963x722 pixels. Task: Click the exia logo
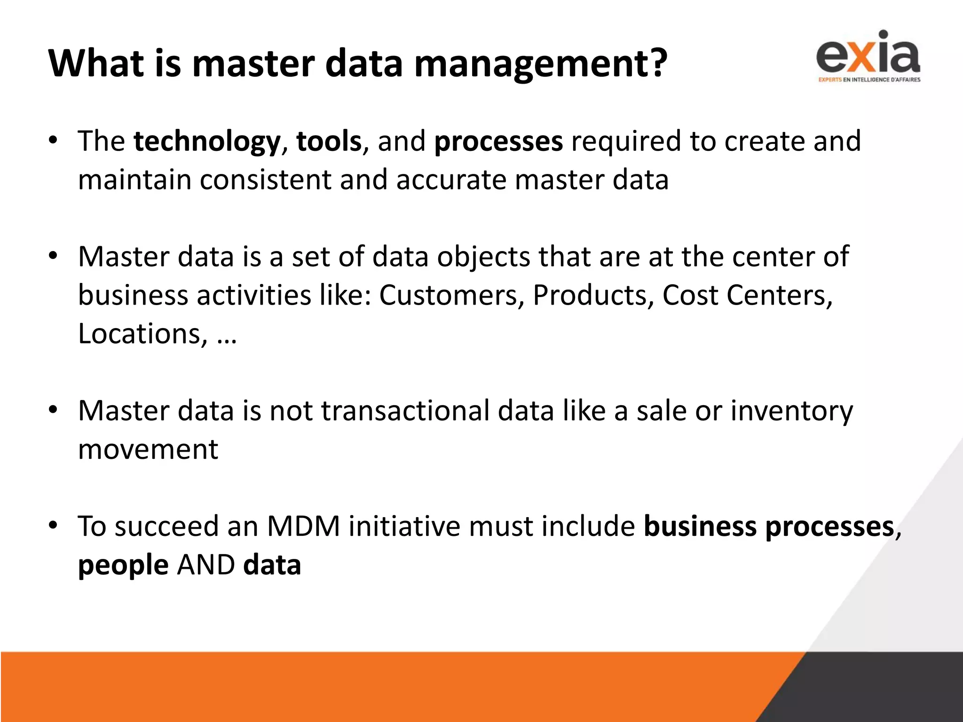pyautogui.click(x=868, y=53)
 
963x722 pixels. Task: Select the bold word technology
pyautogui.click(x=207, y=141)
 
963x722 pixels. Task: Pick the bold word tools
pyautogui.click(x=329, y=141)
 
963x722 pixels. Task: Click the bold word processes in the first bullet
pyautogui.click(x=498, y=141)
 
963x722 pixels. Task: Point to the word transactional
pyautogui.click(x=405, y=410)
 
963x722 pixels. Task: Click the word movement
pyautogui.click(x=148, y=449)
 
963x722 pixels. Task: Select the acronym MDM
pyautogui.click(x=303, y=526)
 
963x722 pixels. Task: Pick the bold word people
pyautogui.click(x=123, y=565)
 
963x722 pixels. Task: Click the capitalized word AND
pyautogui.click(x=206, y=565)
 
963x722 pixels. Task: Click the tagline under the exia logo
pyautogui.click(x=869, y=80)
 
